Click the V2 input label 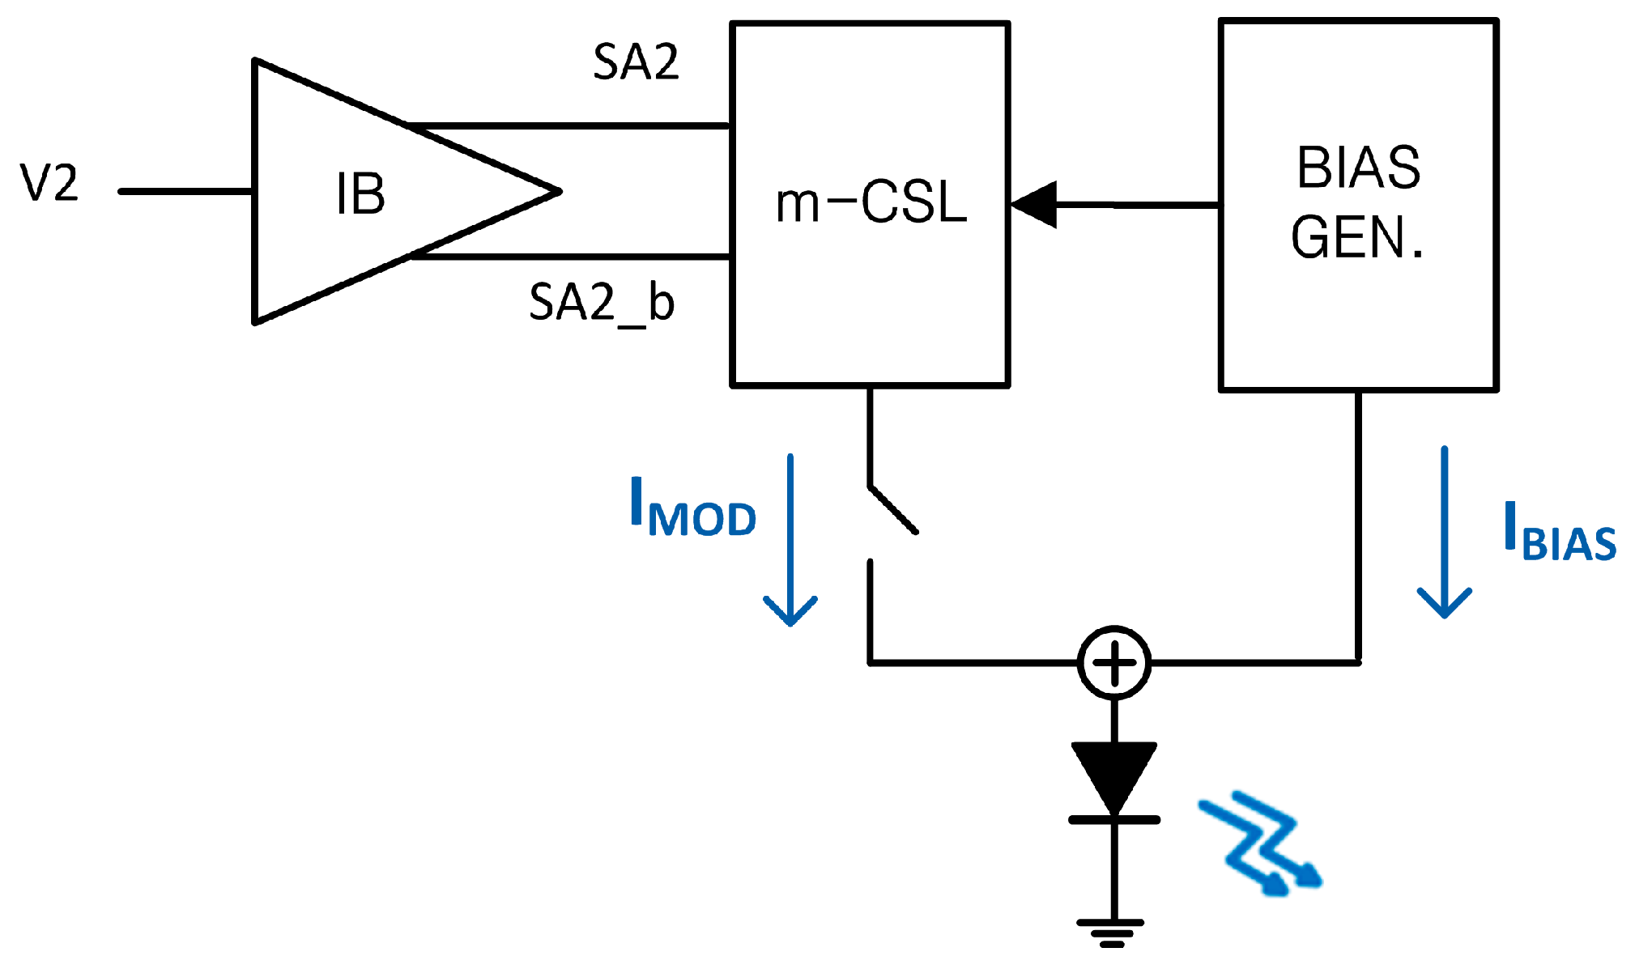tap(49, 183)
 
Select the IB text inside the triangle tap(360, 194)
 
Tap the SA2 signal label tap(636, 62)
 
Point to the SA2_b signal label tap(601, 303)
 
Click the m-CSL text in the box tap(871, 202)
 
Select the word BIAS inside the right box tap(1358, 168)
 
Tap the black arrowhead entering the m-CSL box tap(1035, 205)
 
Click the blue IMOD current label tap(692, 508)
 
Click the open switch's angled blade tap(892, 510)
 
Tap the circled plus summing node tap(1114, 662)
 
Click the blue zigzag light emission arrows tap(1259, 844)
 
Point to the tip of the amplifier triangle tap(557, 192)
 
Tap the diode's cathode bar tap(1114, 820)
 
